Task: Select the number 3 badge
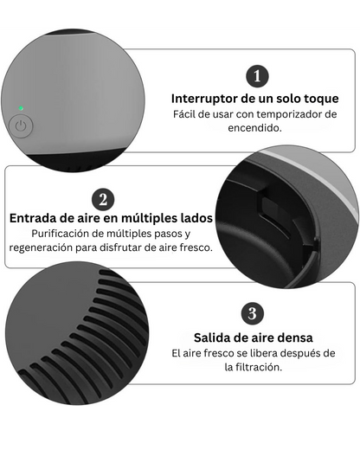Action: pyautogui.click(x=252, y=313)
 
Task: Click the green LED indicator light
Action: pyautogui.click(x=21, y=109)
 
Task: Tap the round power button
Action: pyautogui.click(x=20, y=126)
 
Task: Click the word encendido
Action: pyautogui.click(x=254, y=128)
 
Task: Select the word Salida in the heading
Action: pyautogui.click(x=212, y=337)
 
